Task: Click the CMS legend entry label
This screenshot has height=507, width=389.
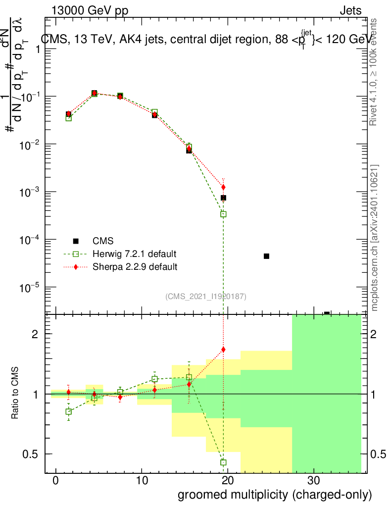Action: (103, 241)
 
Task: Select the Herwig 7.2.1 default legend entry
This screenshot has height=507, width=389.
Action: (134, 254)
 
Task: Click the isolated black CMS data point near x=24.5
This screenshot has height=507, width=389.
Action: (266, 256)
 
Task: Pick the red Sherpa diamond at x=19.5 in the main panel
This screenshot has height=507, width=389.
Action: (223, 187)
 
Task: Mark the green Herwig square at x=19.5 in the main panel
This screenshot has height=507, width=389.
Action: (223, 214)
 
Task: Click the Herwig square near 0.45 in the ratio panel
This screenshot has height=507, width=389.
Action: (223, 462)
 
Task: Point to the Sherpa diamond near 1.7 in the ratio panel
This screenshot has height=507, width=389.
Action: (223, 350)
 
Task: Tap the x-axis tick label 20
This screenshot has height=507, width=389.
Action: (227, 480)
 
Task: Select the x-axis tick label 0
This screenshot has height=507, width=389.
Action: (55, 480)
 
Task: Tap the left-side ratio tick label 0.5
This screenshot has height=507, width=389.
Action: (32, 454)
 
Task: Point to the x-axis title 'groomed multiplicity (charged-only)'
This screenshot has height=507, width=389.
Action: (274, 495)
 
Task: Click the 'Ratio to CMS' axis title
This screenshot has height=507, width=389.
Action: (15, 394)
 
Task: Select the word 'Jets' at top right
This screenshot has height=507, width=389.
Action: (350, 11)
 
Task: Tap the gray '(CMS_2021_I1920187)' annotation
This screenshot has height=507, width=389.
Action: (206, 296)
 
